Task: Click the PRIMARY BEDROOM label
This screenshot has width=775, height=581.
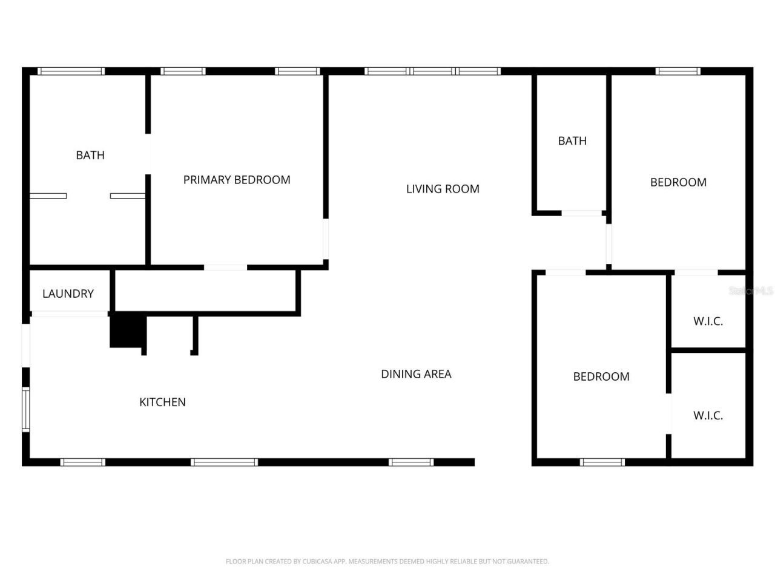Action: [237, 180]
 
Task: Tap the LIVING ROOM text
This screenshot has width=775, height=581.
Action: [443, 189]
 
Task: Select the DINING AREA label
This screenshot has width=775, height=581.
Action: [416, 374]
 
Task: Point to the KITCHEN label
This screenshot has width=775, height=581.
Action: [162, 402]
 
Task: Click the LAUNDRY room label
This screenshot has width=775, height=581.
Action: [68, 294]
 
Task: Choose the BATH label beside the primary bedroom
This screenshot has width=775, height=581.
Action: [90, 156]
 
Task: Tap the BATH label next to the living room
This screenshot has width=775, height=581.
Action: [572, 141]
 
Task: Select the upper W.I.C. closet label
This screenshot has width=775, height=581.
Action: [708, 321]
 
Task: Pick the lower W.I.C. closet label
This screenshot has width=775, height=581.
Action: [708, 416]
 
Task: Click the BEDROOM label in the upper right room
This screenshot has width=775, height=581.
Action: [678, 182]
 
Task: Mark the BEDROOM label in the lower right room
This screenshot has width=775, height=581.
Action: [601, 376]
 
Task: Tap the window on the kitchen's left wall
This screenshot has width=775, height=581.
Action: [26, 410]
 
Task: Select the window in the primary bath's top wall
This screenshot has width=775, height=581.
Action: [71, 71]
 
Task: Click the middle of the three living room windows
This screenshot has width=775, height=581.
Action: [432, 71]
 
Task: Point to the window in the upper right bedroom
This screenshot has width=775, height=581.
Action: [678, 71]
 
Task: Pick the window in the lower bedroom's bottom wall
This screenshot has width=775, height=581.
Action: [602, 462]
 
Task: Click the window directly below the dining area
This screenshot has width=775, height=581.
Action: [411, 462]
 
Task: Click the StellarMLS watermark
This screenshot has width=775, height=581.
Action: [751, 291]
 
